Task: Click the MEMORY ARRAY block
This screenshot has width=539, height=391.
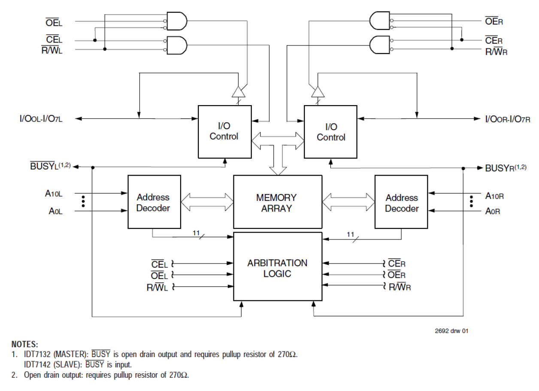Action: pos(277,202)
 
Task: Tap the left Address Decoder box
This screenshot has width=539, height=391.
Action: pos(153,202)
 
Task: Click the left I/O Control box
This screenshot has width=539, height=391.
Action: pos(224,131)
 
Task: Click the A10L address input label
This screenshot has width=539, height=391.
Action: pos(54,193)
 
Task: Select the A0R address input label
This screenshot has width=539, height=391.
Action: pos(493,211)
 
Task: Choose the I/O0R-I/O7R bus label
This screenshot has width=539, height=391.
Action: pos(508,118)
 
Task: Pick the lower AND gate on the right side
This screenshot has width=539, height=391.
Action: pos(379,44)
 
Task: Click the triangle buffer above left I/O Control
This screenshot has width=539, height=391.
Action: pos(238,91)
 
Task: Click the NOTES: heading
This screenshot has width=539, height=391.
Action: pos(25,344)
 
